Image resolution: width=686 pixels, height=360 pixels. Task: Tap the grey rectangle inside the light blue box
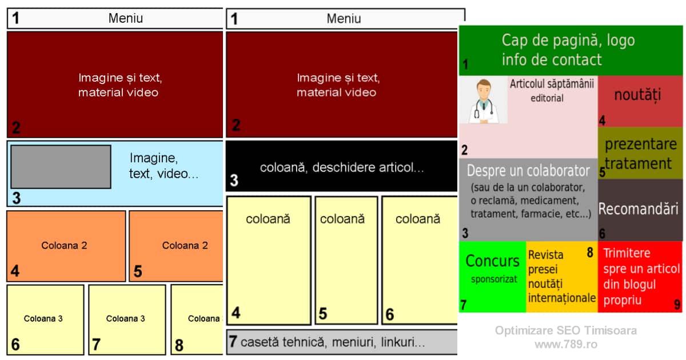[x=61, y=166]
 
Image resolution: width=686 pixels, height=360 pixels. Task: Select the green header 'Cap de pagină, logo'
[x=568, y=41]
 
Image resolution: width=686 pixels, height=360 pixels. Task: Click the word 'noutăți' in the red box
[x=637, y=95]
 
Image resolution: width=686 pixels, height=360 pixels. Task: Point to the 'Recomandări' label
[x=638, y=209]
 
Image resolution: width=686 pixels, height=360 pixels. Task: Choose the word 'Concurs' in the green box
[x=492, y=261]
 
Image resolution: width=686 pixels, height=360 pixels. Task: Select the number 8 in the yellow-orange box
[x=590, y=253]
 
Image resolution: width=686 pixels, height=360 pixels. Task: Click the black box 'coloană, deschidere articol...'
[x=342, y=167]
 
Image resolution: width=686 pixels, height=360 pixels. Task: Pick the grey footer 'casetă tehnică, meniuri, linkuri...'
[x=342, y=342]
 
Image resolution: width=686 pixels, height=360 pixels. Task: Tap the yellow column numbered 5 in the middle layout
[x=346, y=260]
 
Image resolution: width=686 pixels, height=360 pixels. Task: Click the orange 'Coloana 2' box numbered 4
[x=66, y=246]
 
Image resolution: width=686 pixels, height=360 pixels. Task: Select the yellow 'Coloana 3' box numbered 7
[x=126, y=319]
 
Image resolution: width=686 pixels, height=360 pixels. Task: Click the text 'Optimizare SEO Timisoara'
[x=565, y=330]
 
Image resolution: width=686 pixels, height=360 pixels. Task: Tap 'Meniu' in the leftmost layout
[x=126, y=18]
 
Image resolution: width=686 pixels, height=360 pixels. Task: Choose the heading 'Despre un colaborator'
[x=528, y=171]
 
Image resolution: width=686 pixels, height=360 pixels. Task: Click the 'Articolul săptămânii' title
[x=552, y=84]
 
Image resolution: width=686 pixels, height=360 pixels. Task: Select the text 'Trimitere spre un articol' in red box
[x=640, y=261]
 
